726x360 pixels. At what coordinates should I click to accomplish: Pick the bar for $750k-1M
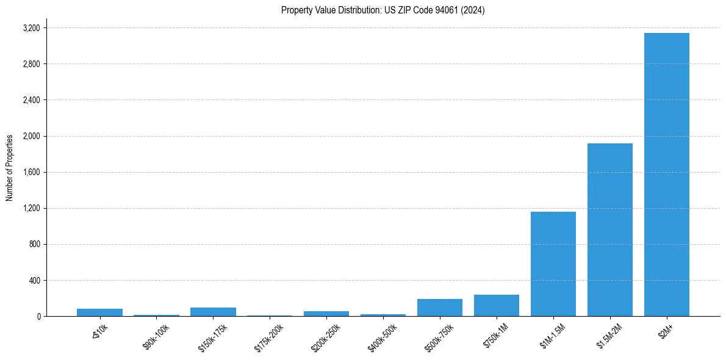click(x=496, y=305)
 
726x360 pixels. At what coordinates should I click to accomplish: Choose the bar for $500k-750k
click(x=439, y=308)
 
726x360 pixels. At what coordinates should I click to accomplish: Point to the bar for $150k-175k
click(x=213, y=312)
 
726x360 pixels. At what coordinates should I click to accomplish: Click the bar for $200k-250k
click(x=326, y=314)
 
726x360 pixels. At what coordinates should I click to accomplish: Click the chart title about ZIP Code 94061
click(x=383, y=10)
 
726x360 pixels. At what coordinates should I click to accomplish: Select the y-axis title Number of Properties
click(x=10, y=167)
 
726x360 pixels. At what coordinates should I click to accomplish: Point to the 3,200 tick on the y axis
click(x=31, y=28)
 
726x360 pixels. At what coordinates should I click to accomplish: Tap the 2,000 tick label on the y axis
click(x=31, y=136)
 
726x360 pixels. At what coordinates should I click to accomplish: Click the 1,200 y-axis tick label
click(x=31, y=208)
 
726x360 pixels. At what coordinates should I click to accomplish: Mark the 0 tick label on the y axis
click(x=38, y=317)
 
